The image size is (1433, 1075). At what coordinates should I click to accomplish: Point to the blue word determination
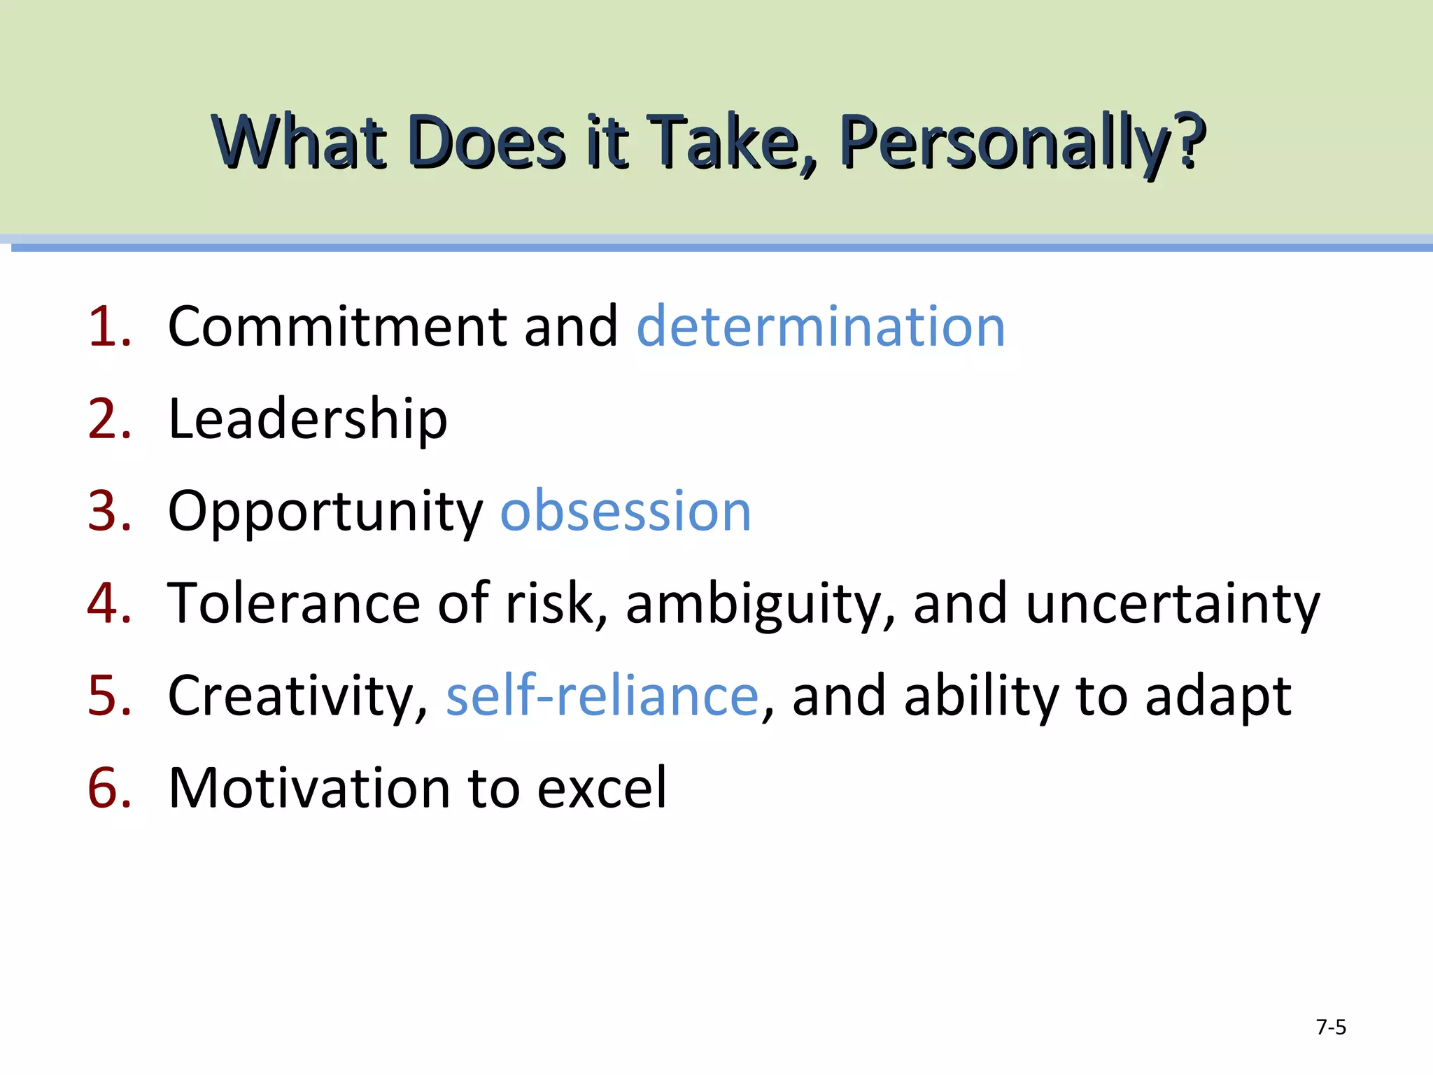(x=821, y=327)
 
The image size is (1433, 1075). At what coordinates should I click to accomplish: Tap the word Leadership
(x=308, y=419)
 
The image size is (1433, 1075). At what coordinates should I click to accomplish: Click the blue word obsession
(x=626, y=512)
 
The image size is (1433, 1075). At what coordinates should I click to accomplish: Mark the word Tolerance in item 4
(x=294, y=603)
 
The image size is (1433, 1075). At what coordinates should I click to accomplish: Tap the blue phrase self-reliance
(x=602, y=696)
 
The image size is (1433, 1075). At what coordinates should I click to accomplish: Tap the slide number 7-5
(x=1331, y=1027)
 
